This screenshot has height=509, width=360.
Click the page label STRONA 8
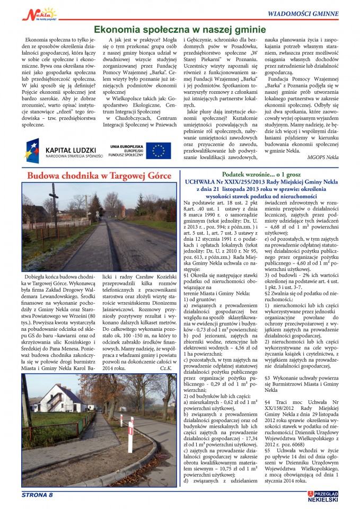[37, 495]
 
